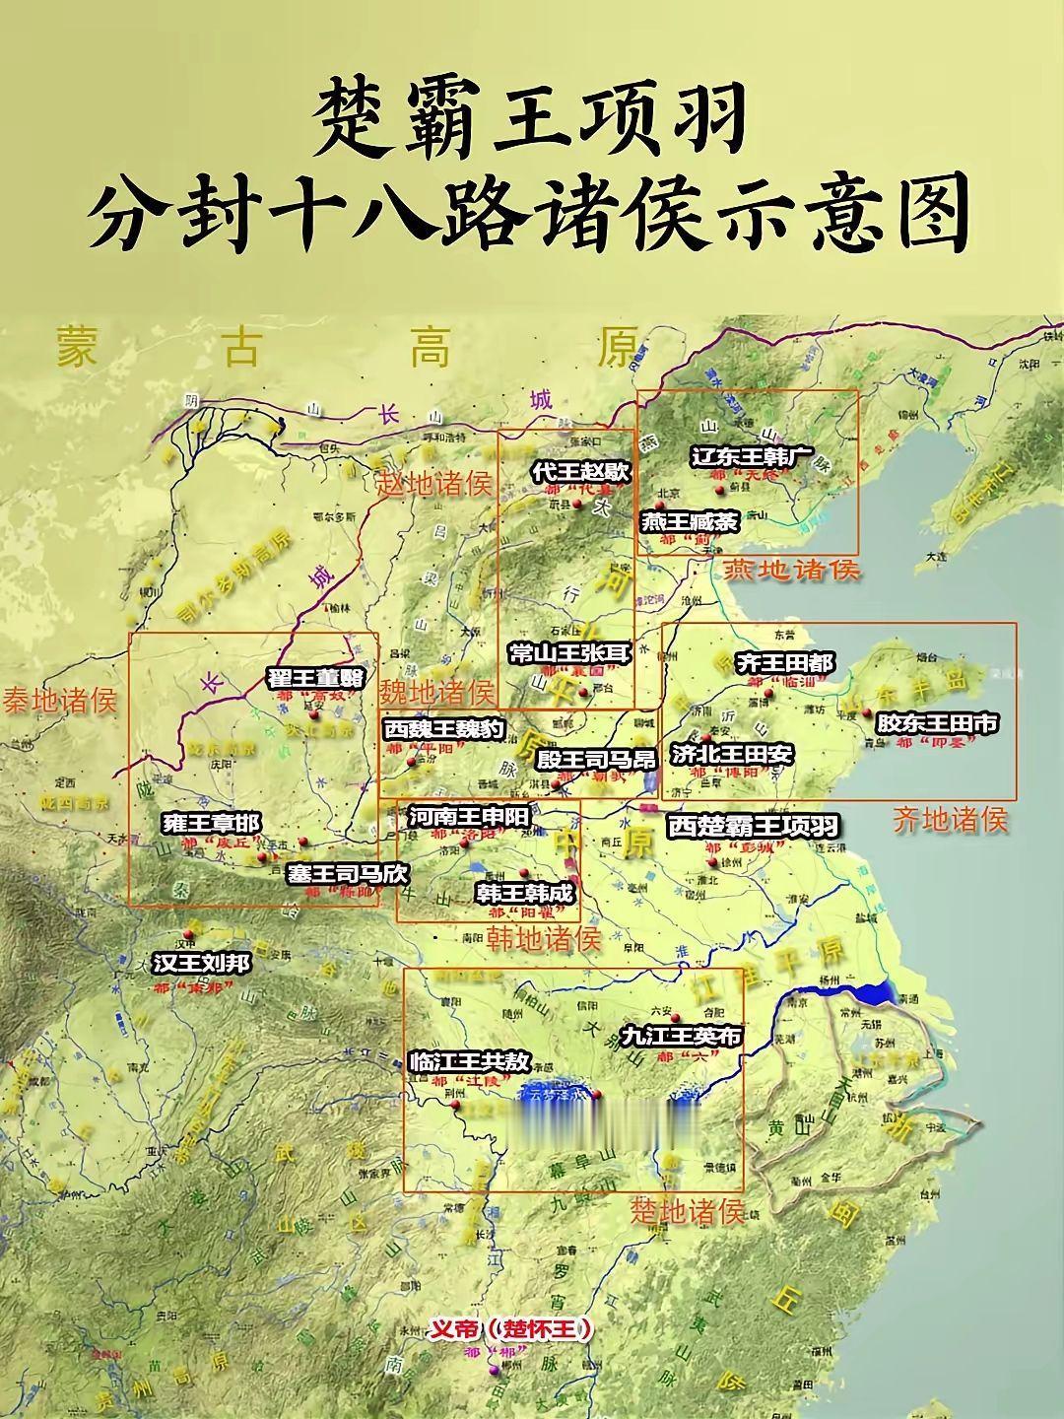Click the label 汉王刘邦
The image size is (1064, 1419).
coord(201,963)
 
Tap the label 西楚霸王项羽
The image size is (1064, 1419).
coord(753,826)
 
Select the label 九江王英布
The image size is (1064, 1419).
coord(680,1037)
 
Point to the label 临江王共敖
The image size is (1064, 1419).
coord(470,1062)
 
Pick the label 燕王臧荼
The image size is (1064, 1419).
coord(689,522)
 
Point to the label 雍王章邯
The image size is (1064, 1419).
coord(212,823)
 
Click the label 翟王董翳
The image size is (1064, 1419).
coord(315,678)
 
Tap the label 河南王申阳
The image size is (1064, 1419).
coord(469,817)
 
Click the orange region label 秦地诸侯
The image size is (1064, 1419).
coord(59,701)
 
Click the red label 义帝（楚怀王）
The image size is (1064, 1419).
coord(511,1329)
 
